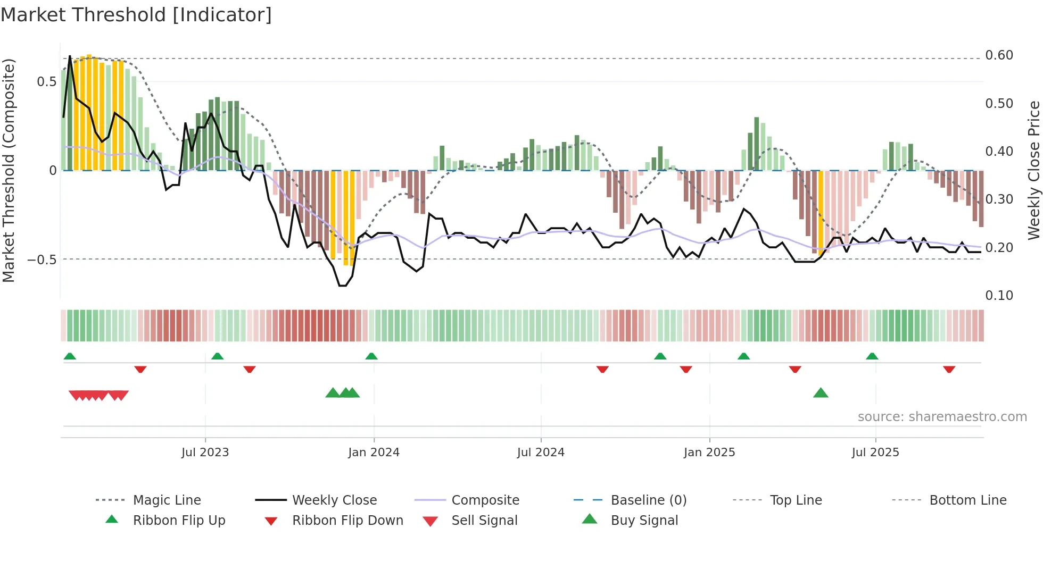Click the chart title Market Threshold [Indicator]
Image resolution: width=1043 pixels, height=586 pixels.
136,15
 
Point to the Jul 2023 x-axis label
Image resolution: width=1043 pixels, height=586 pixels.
205,452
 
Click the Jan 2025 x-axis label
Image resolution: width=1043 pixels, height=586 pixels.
709,452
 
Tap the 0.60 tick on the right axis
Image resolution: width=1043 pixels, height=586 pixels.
999,55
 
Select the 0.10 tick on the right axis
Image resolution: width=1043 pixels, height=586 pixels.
999,295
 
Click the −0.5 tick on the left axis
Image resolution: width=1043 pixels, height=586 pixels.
42,259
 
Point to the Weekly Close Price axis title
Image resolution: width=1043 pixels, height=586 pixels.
1033,170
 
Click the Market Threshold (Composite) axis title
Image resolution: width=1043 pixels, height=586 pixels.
9,170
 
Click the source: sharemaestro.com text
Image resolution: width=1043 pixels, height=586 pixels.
942,416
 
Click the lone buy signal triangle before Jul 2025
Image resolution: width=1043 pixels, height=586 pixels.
821,393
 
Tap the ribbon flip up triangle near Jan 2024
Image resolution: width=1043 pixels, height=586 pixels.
371,356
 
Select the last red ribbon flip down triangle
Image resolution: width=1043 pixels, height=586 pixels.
949,369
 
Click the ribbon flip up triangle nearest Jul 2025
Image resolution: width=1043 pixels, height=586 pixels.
872,356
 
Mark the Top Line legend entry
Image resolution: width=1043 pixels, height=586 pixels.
796,500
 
